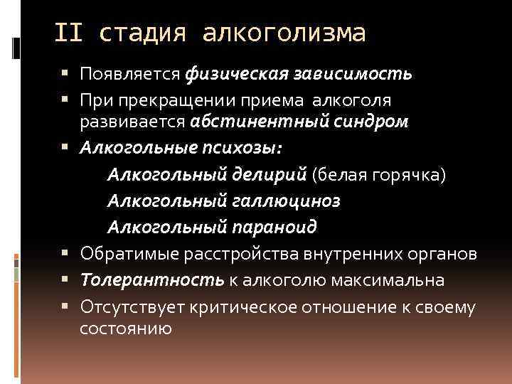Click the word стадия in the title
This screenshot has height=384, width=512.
pos(143,33)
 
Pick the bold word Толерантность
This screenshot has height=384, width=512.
pos(152,280)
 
